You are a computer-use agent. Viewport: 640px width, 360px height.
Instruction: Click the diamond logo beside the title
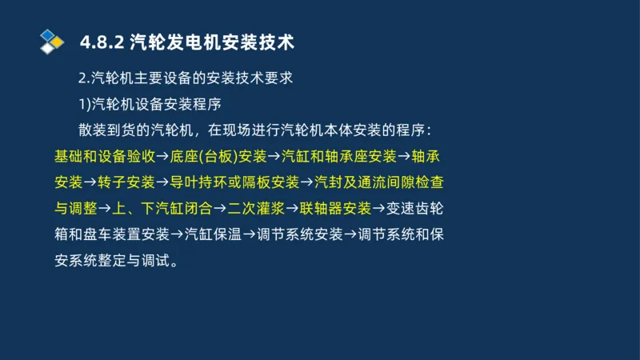(51, 41)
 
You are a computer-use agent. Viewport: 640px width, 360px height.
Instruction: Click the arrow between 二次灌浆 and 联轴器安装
(293, 209)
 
